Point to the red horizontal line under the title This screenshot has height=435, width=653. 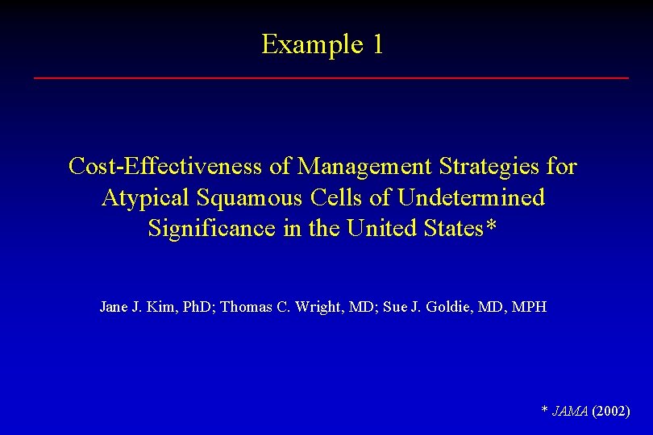coord(331,77)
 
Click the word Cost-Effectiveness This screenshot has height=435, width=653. coord(166,167)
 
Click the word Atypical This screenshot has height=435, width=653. coord(142,197)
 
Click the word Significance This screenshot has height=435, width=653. coord(212,228)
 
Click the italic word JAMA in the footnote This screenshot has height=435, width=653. coord(569,412)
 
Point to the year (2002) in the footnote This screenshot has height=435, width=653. coord(611,412)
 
